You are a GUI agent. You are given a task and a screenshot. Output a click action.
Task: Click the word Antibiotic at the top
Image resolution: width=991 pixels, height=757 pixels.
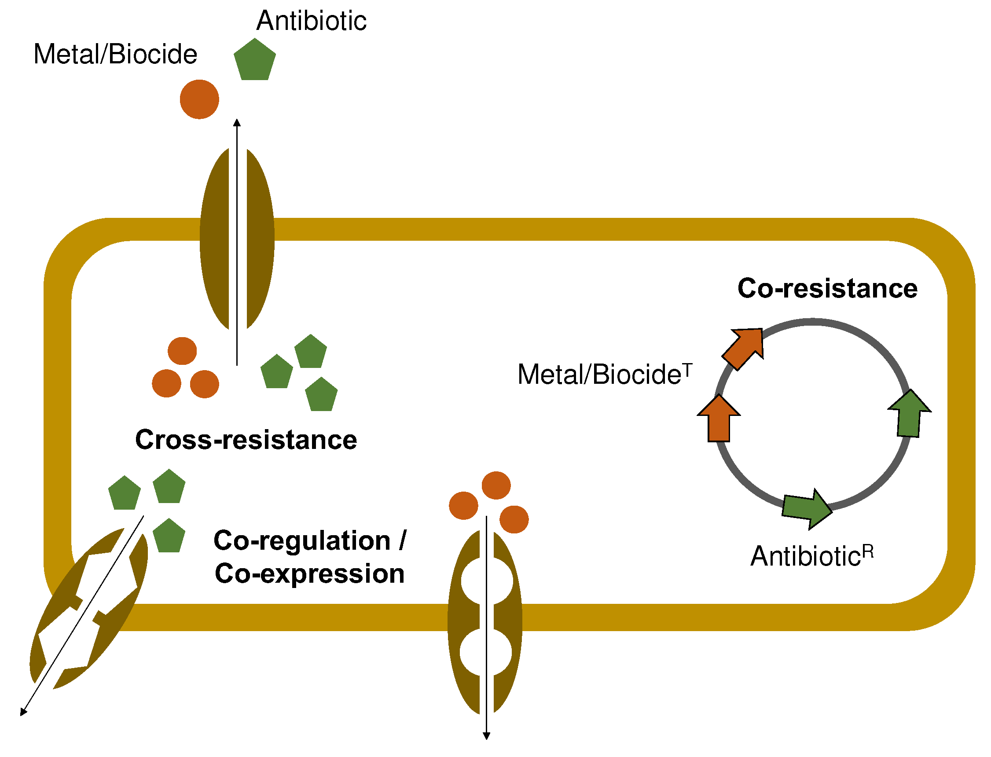pyautogui.click(x=311, y=21)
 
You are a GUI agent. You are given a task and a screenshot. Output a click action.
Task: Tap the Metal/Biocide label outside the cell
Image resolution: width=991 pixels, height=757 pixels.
pyautogui.click(x=115, y=55)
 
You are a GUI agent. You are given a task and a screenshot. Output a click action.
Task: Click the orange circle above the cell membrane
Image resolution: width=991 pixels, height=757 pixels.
pyautogui.click(x=199, y=99)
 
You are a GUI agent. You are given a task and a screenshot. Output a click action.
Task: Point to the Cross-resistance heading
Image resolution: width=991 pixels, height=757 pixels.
pyautogui.click(x=246, y=440)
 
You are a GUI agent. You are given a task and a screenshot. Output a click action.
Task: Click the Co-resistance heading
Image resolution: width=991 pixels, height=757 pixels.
pyautogui.click(x=827, y=288)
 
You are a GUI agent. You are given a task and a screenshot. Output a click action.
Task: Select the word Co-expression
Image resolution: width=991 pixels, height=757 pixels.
pyautogui.click(x=309, y=573)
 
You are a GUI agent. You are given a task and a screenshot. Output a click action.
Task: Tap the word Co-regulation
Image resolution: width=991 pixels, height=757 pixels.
pyautogui.click(x=302, y=540)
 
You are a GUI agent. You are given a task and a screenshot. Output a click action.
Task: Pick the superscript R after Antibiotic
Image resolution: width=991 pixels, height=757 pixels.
pyautogui.click(x=868, y=551)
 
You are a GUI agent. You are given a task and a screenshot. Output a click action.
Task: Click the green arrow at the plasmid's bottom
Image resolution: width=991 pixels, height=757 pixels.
pyautogui.click(x=807, y=509)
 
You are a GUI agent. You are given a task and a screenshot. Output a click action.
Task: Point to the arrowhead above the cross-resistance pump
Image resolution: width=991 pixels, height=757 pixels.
pyautogui.click(x=237, y=122)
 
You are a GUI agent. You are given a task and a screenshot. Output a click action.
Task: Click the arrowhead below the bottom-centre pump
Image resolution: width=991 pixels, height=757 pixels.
pyautogui.click(x=486, y=736)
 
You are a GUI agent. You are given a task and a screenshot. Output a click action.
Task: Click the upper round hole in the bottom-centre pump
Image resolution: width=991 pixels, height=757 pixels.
pyautogui.click(x=487, y=581)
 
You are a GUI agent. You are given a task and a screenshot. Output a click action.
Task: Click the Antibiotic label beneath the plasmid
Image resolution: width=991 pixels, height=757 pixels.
pyautogui.click(x=805, y=556)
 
